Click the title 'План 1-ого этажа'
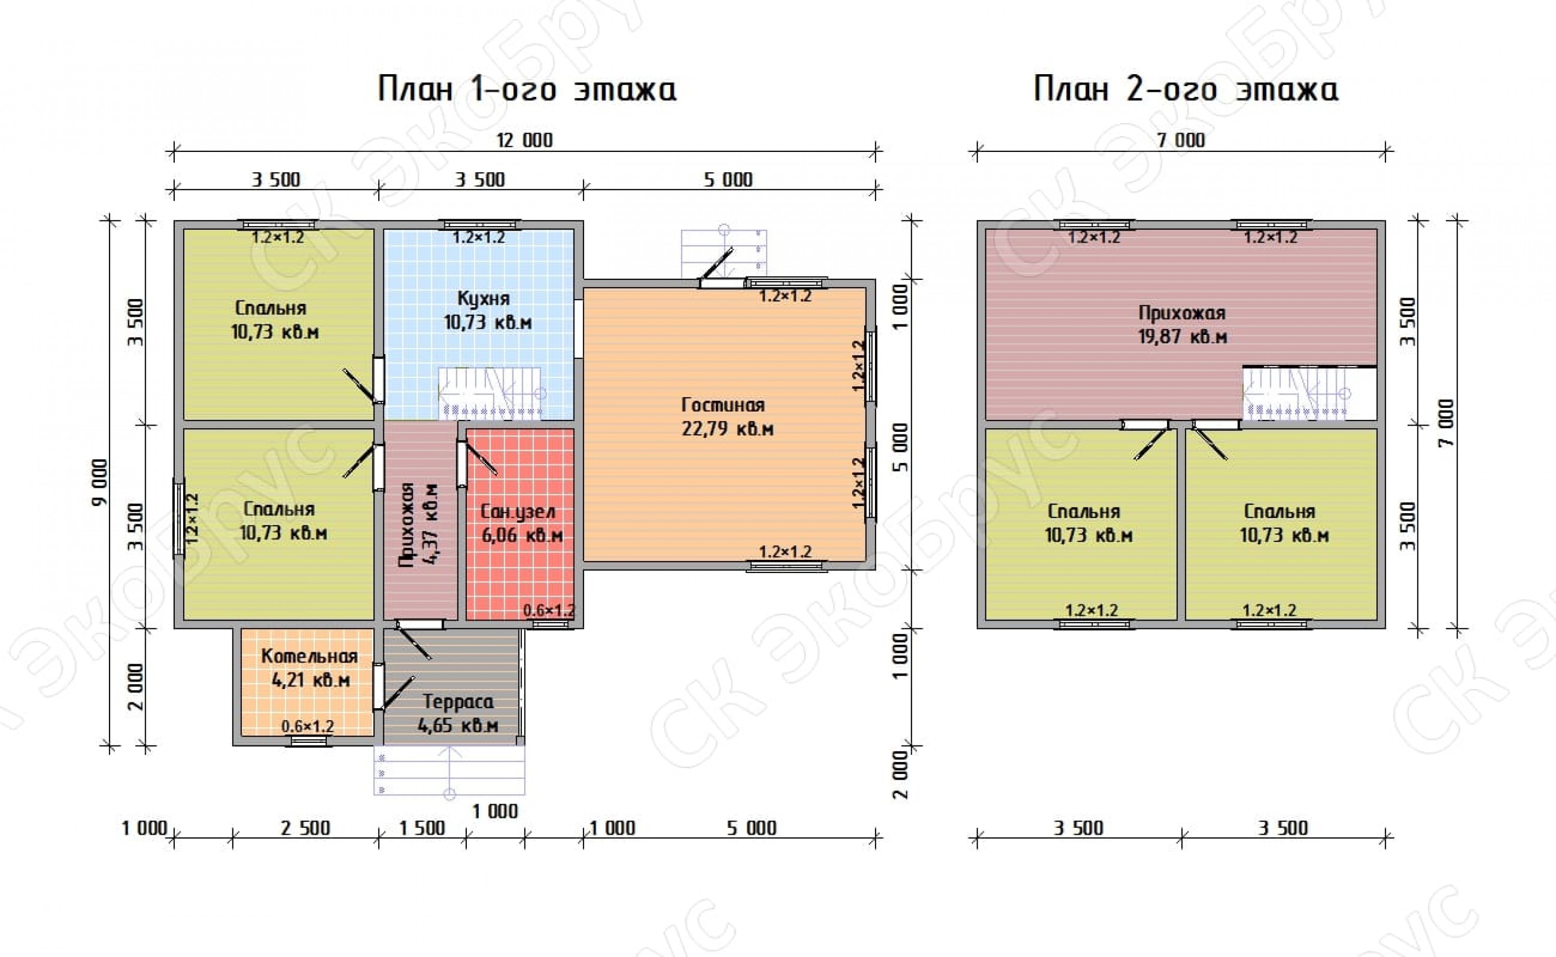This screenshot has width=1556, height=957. tap(526, 89)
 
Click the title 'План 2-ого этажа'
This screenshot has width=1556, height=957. tap(1186, 89)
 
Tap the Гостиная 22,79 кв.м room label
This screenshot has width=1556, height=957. tap(727, 416)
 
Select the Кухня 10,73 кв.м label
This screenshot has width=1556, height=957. tap(487, 310)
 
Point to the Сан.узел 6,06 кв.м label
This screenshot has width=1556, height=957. tap(522, 524)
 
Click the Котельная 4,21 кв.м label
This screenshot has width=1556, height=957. tap(310, 668)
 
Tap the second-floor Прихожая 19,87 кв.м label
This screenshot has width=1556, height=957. tap(1183, 324)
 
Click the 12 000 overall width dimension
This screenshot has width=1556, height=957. tap(524, 140)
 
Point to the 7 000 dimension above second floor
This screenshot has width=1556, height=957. tap(1181, 140)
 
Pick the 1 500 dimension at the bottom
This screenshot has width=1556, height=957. tap(422, 828)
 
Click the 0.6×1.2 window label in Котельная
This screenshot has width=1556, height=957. tap(308, 726)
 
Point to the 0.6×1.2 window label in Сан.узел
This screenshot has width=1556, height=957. tap(549, 610)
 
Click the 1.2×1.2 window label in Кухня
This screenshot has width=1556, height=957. tap(479, 237)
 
